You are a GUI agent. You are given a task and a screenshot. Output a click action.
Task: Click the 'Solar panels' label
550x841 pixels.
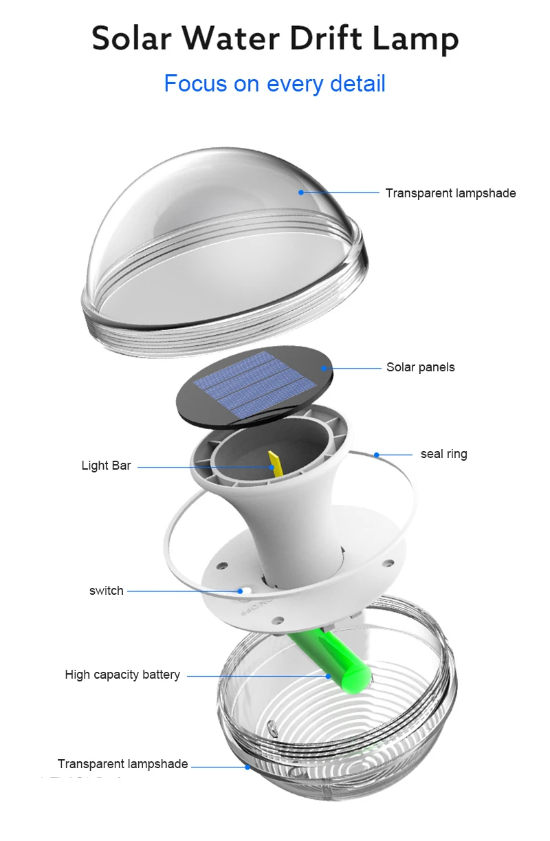tap(420, 367)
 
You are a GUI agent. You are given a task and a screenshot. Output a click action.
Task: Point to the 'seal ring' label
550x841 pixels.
tap(443, 454)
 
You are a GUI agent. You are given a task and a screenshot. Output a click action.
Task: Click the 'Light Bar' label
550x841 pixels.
tap(106, 466)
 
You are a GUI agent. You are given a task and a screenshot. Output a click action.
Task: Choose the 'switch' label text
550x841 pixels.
tap(106, 591)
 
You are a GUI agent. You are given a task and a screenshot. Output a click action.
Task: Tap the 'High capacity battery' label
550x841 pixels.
tap(122, 675)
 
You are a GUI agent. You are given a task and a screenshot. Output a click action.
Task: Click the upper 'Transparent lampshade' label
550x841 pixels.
tap(450, 193)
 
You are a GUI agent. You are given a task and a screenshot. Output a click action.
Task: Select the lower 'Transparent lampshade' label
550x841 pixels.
tap(122, 764)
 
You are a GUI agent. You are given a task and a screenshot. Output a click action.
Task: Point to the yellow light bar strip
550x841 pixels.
tap(274, 462)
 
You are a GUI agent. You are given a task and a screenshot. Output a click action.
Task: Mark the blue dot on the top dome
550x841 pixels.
tap(301, 193)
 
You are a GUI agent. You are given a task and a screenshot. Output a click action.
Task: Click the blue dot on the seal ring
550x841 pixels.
tap(377, 455)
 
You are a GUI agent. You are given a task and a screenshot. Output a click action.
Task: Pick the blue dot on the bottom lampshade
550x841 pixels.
tap(248, 767)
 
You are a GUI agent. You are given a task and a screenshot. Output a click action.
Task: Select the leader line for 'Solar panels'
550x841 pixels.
tap(354, 368)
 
